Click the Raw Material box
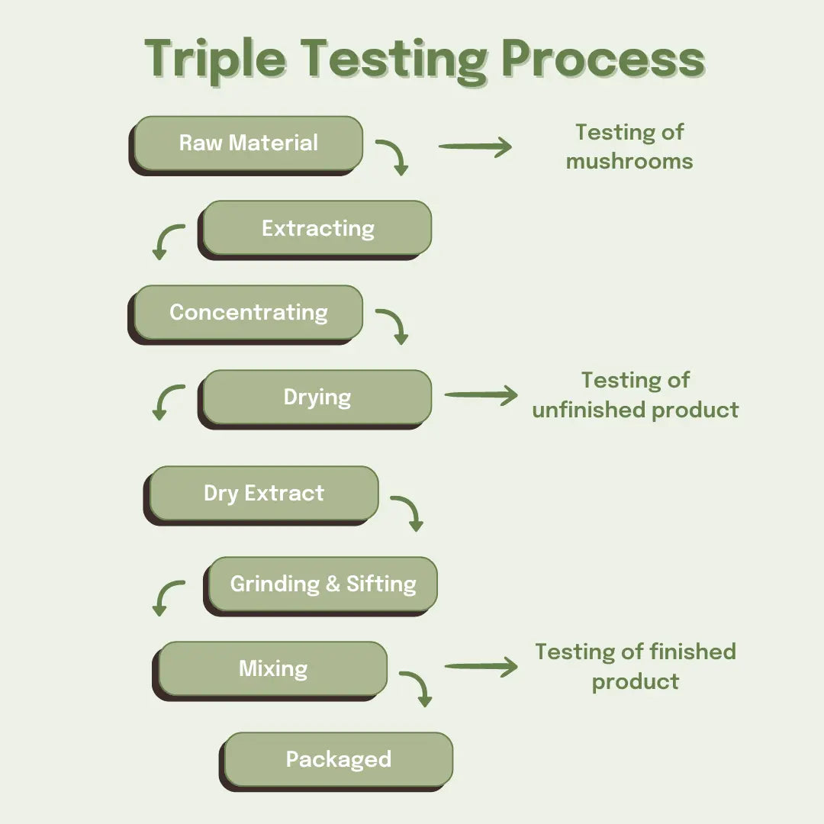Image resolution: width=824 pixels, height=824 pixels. pyautogui.click(x=248, y=143)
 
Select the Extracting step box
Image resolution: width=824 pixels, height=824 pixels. pyautogui.click(x=317, y=228)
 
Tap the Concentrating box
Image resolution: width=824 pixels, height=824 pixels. pyautogui.click(x=248, y=313)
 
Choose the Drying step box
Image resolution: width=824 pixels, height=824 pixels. pyautogui.click(x=317, y=398)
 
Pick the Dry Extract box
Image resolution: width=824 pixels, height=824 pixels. pyautogui.click(x=263, y=494)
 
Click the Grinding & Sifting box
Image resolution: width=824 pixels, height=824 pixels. pyautogui.click(x=323, y=584)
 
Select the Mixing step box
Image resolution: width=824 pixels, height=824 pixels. pyautogui.click(x=272, y=669)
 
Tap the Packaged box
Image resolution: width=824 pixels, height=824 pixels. pyautogui.click(x=338, y=760)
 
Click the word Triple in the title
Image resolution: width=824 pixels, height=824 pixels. pyautogui.click(x=215, y=58)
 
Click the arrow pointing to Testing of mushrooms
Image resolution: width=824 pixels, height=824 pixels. pyautogui.click(x=475, y=146)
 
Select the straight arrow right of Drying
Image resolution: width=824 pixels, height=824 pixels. pyautogui.click(x=481, y=395)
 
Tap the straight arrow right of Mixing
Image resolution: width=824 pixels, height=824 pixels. pyautogui.click(x=481, y=667)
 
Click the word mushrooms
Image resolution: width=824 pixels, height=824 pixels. pyautogui.click(x=629, y=162)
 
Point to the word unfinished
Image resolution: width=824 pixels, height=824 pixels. pyautogui.click(x=588, y=410)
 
